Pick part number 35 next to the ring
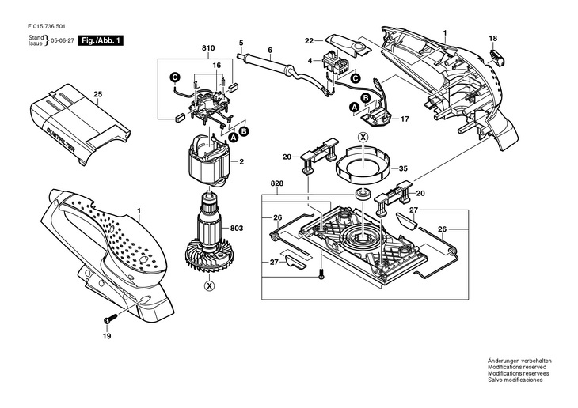403,168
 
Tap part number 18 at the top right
492,39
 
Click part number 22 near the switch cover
310,40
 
